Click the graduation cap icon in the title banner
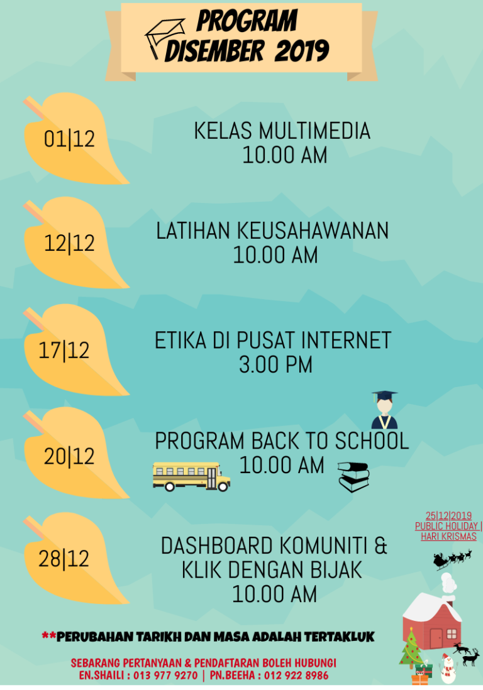pyautogui.click(x=165, y=38)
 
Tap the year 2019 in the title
pyautogui.click(x=302, y=51)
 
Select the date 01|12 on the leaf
pyautogui.click(x=69, y=139)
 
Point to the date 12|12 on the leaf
pyautogui.click(x=69, y=243)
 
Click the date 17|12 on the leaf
pyautogui.click(x=64, y=351)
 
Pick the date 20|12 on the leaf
pyautogui.click(x=69, y=456)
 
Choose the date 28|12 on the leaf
pyautogui.click(x=64, y=559)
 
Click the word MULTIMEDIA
pyautogui.click(x=314, y=131)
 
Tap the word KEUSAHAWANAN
pyautogui.click(x=313, y=231)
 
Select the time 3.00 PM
pyautogui.click(x=275, y=365)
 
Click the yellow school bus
pyautogui.click(x=192, y=476)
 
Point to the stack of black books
pyautogui.click(x=353, y=477)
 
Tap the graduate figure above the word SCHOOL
pyautogui.click(x=384, y=410)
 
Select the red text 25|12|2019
pyautogui.click(x=448, y=516)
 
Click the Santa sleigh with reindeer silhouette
pyautogui.click(x=453, y=559)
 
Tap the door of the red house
pyautogui.click(x=436, y=638)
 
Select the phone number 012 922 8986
pyautogui.click(x=296, y=676)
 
